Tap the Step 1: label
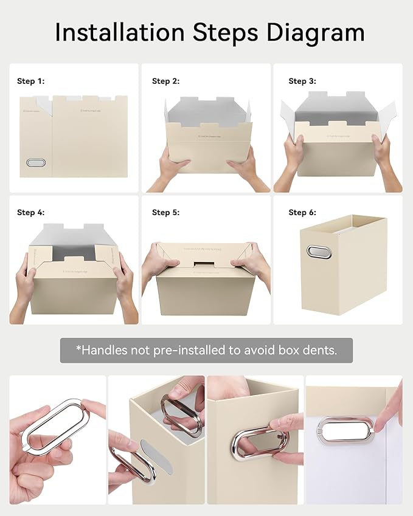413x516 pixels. pyautogui.click(x=30, y=81)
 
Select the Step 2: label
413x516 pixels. pyautogui.click(x=165, y=81)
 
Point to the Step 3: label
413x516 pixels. pyautogui.click(x=302, y=81)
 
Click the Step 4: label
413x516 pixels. pyautogui.click(x=30, y=212)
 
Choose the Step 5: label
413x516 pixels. pyautogui.click(x=165, y=212)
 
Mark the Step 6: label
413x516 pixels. pyautogui.click(x=302, y=212)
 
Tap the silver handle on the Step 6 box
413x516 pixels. pyautogui.click(x=319, y=252)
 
